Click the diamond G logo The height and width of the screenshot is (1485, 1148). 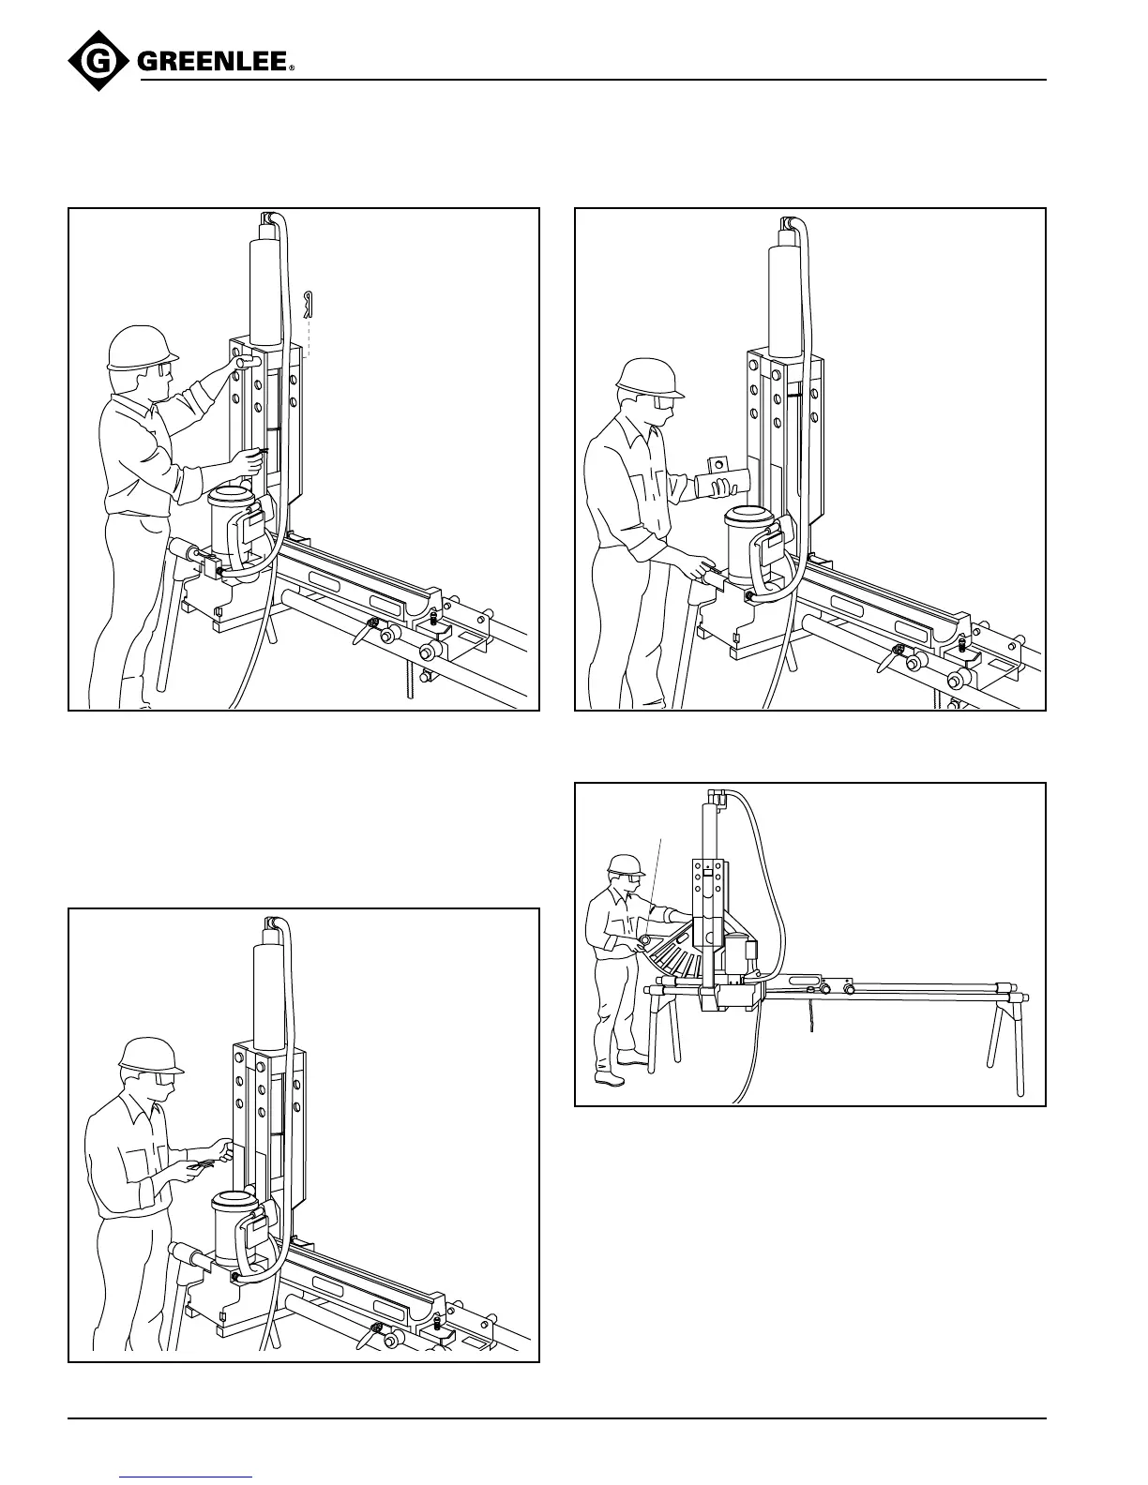click(98, 62)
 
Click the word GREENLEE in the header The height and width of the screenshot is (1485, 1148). click(214, 62)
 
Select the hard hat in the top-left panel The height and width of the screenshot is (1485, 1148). click(142, 349)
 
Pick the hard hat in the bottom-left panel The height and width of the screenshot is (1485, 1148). click(150, 1056)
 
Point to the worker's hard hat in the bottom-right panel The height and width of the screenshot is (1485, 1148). click(626, 864)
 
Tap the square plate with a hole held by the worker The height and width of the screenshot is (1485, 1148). click(717, 465)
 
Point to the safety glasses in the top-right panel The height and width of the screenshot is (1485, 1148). click(661, 402)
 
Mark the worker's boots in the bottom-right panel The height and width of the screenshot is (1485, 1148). click(621, 1071)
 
